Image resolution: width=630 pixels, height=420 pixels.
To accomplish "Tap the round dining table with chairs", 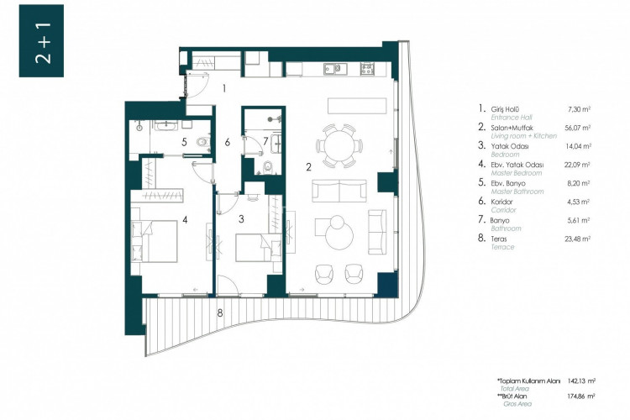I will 339,145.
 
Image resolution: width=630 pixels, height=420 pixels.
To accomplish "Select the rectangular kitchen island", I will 357,105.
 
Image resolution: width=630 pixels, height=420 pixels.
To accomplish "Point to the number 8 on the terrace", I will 220,313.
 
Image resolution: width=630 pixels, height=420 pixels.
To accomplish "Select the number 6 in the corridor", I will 228,142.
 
